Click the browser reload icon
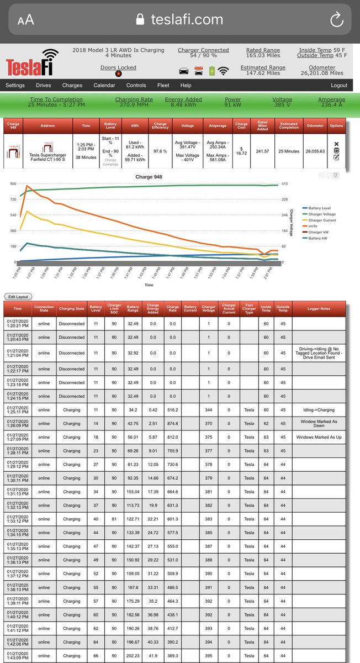pos(336,20)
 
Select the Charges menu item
pos(72,86)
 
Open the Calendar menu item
pos(104,86)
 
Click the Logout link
pos(339,86)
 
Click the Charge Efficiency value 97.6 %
pos(160,151)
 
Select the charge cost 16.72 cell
pos(241,151)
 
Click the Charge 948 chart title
pos(149,177)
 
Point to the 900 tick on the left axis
pos(12,183)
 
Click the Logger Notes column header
pos(319,309)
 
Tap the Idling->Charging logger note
pos(319,410)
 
